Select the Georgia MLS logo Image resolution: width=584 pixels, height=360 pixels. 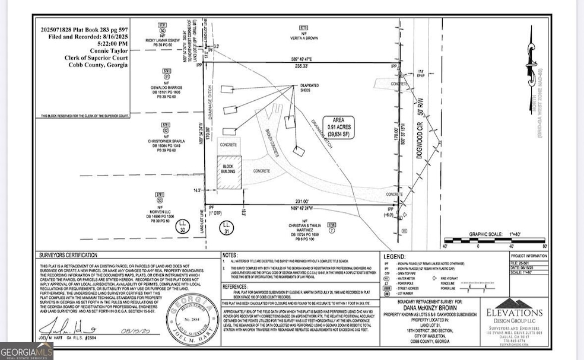pyautogui.click(x=27, y=351)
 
